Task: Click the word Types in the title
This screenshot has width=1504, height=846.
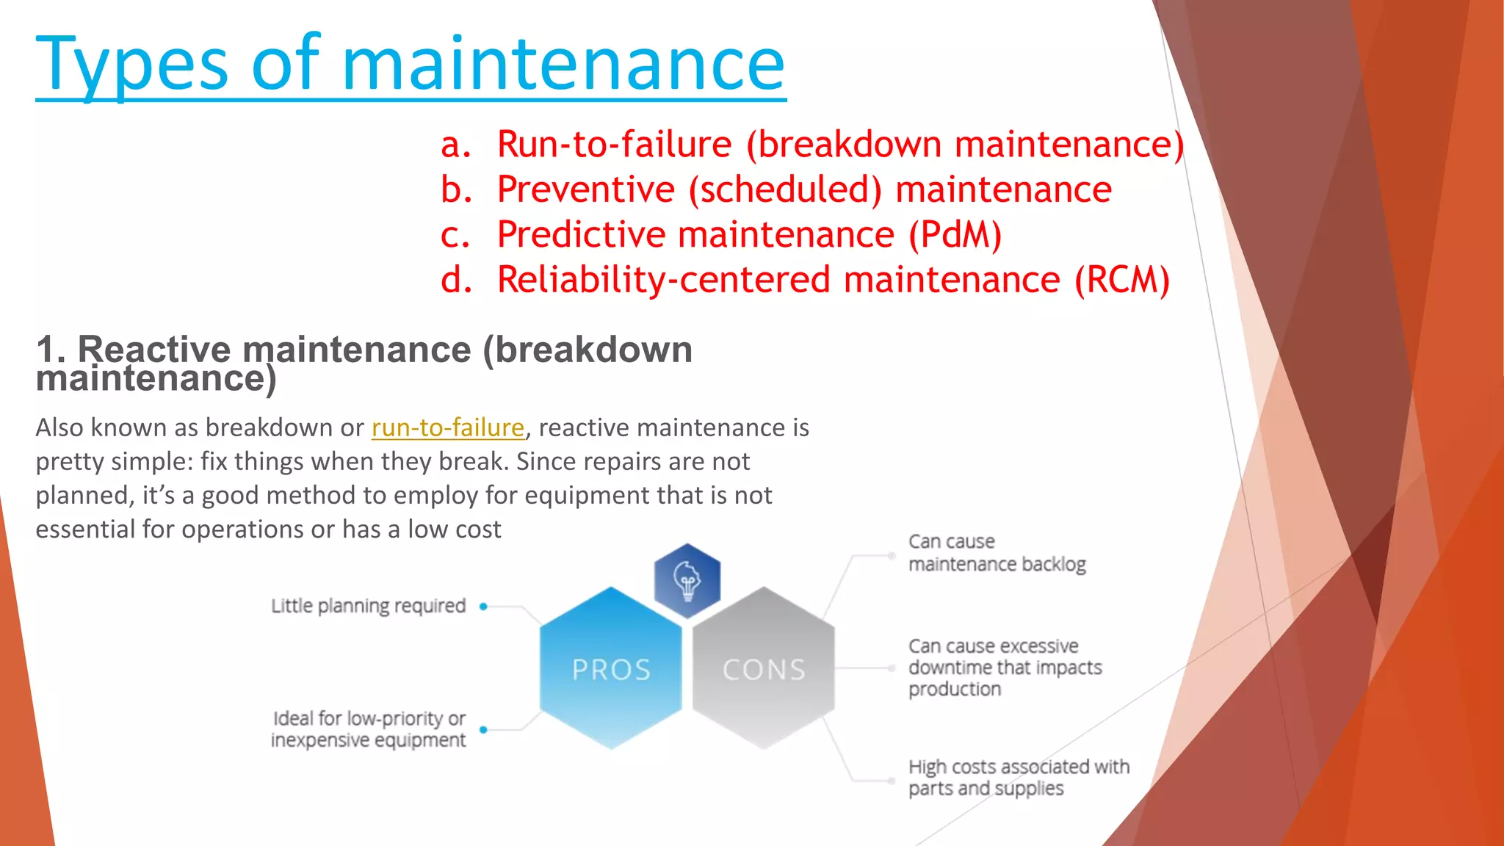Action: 132,66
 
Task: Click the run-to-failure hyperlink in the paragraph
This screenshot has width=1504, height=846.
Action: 447,427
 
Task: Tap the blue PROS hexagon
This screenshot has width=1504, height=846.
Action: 611,668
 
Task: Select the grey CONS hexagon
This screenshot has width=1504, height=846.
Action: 764,668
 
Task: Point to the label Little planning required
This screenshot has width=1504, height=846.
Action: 368,606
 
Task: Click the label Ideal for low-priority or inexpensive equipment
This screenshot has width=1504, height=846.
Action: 368,728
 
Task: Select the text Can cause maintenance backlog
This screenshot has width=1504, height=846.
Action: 996,552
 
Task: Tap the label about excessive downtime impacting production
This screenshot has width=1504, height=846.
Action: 1004,667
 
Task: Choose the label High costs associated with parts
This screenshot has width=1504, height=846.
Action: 1018,777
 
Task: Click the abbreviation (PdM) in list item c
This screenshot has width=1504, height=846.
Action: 955,235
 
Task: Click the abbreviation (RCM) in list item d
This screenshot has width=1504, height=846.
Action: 1121,281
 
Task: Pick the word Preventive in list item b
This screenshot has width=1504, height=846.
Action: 585,189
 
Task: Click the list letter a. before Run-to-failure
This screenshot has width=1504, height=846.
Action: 455,145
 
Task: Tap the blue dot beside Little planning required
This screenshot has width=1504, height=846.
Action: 483,607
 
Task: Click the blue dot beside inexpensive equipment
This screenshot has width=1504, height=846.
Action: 483,729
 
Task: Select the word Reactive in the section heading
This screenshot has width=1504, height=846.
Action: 154,350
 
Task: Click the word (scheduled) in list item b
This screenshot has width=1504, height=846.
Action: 784,189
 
